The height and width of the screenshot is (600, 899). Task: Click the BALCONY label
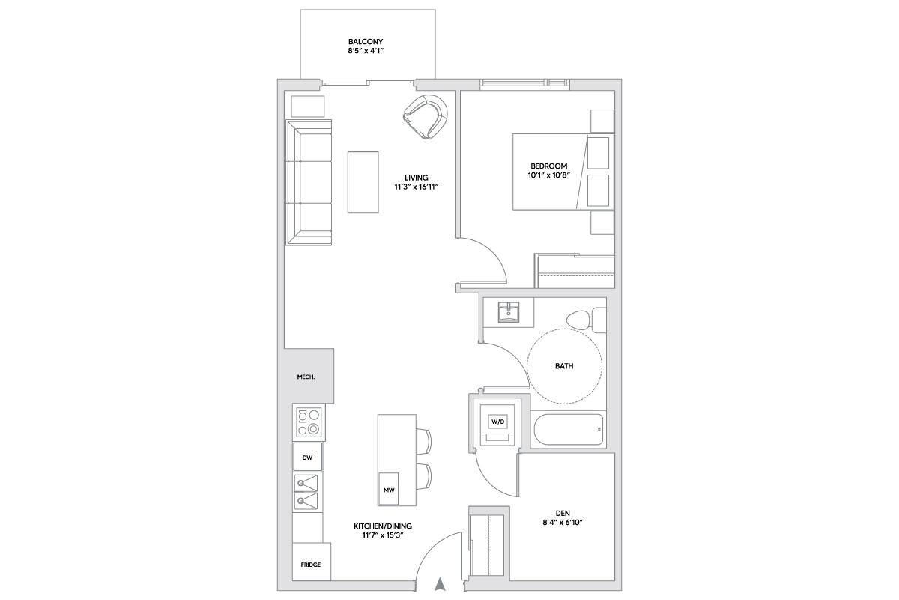pos(366,41)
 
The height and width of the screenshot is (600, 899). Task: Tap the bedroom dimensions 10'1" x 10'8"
pos(548,175)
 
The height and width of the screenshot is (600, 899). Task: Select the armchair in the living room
pos(426,116)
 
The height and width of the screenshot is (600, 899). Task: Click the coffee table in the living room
pos(363,182)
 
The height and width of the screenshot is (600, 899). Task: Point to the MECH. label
pos(306,377)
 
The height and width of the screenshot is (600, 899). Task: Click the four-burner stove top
pos(309,422)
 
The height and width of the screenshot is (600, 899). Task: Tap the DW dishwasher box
pos(307,457)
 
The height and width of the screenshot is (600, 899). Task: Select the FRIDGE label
pos(311,565)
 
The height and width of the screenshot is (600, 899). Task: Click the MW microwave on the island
pos(389,489)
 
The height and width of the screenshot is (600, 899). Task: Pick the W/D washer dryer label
pos(497,421)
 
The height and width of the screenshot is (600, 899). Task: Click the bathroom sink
pos(509,312)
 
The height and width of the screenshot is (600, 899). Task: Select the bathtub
pos(569,429)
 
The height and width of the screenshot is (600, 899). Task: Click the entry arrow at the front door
pos(441,584)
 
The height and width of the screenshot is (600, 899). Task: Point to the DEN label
pos(563,513)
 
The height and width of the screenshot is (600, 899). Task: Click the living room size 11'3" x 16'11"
pos(417,187)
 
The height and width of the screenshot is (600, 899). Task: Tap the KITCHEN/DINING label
pos(383,526)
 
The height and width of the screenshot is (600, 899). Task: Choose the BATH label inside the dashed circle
pos(564,366)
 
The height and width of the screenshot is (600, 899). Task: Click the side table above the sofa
pos(307,106)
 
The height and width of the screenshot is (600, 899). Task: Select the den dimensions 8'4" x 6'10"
pos(563,523)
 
